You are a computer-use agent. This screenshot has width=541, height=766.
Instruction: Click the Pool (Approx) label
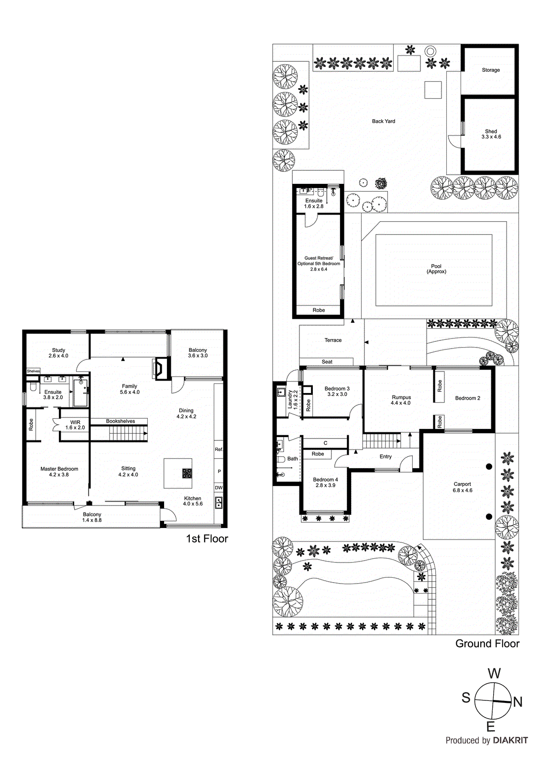click(436, 269)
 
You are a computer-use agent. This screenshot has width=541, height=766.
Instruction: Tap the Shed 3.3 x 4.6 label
click(491, 134)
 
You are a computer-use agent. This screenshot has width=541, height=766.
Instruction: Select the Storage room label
click(491, 70)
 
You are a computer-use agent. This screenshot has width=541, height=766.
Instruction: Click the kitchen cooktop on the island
click(187, 473)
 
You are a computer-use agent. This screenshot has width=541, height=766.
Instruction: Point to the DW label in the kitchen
click(219, 488)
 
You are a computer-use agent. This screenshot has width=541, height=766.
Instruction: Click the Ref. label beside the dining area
click(219, 450)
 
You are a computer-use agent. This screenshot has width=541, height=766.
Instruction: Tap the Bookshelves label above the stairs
click(121, 421)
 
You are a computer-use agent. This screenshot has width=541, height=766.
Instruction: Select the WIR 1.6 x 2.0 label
click(75, 425)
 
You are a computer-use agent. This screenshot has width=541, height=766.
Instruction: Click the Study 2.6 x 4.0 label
click(58, 353)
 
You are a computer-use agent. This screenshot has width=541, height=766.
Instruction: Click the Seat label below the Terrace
click(327, 362)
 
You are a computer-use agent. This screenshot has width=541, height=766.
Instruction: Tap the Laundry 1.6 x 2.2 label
click(292, 399)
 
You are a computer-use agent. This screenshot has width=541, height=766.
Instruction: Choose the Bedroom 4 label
click(325, 482)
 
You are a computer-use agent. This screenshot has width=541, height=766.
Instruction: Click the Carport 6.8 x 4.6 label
click(463, 487)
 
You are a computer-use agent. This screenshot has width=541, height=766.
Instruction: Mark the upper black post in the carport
click(489, 466)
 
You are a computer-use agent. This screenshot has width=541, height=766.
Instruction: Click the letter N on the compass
click(518, 702)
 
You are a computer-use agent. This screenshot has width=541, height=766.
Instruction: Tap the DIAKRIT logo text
click(510, 740)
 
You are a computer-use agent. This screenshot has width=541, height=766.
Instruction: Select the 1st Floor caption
click(207, 539)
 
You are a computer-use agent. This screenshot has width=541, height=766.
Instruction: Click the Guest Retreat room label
click(319, 263)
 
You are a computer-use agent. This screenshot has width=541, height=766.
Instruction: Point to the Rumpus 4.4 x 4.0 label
click(401, 400)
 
